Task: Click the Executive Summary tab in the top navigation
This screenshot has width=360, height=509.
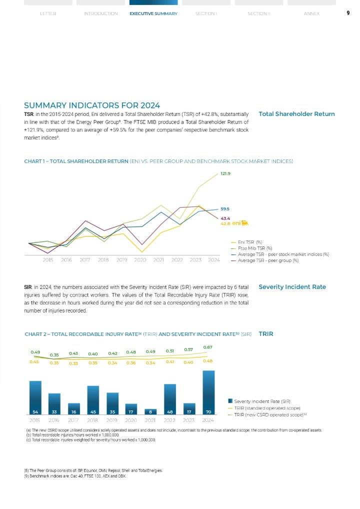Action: click(x=153, y=13)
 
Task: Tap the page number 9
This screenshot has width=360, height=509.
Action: click(x=347, y=13)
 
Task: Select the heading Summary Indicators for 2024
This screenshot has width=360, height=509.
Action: click(x=92, y=105)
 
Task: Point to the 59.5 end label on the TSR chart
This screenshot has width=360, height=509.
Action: click(x=224, y=209)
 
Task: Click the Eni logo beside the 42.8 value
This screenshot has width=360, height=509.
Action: click(x=240, y=223)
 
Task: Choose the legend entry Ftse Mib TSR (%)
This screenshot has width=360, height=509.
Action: click(x=254, y=248)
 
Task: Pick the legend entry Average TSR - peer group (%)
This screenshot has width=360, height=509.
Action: click(x=268, y=260)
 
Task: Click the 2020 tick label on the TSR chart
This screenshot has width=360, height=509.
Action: click(x=140, y=260)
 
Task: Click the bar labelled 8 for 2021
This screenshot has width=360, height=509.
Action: click(x=150, y=411)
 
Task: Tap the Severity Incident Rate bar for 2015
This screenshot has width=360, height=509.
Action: click(x=35, y=397)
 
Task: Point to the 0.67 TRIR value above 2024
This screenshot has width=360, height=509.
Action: click(x=207, y=347)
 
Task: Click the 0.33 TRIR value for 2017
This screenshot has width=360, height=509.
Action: click(x=73, y=363)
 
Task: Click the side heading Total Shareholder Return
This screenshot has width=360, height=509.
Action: click(x=296, y=114)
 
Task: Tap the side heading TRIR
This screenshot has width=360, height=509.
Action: click(x=266, y=333)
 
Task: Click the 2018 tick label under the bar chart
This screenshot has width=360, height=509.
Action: click(x=92, y=420)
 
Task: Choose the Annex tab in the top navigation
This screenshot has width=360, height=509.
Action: click(x=311, y=13)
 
